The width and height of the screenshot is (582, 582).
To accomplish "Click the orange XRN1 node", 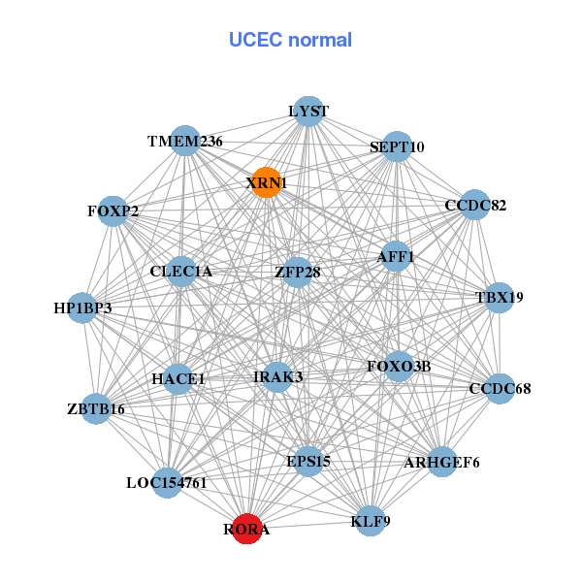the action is click(266, 182).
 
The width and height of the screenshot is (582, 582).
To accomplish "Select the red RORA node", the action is click(247, 529).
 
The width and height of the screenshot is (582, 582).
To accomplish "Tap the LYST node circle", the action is click(307, 112).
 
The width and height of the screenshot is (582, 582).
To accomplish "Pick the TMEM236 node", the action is click(184, 141).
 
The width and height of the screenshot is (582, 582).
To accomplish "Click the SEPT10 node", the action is click(397, 147).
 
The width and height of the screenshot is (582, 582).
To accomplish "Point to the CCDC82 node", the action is click(473, 205).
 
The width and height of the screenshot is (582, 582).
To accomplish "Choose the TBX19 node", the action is click(498, 298).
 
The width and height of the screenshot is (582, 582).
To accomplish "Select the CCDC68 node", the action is click(499, 389).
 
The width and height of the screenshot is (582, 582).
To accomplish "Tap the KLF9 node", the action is click(370, 521).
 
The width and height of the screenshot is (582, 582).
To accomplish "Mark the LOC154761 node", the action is click(168, 482).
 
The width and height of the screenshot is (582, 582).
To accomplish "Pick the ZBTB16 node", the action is click(96, 408).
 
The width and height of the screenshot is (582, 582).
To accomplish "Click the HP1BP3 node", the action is click(82, 307).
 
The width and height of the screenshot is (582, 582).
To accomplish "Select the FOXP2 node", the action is click(113, 211).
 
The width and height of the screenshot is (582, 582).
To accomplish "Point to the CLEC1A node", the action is click(181, 272).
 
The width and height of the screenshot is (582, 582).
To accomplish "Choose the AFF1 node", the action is click(395, 257).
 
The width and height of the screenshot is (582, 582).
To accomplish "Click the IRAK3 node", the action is click(277, 376).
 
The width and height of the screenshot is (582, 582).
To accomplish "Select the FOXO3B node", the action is click(399, 366).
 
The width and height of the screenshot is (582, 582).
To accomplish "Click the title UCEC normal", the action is click(290, 40).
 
